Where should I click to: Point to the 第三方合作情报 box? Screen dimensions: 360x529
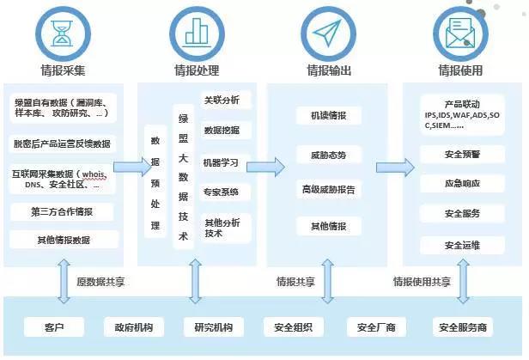63,212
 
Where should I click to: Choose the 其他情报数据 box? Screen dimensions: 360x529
63,240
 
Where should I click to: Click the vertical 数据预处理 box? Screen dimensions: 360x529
155,182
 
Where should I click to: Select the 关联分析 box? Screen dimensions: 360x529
222,101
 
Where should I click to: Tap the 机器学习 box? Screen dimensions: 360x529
222,162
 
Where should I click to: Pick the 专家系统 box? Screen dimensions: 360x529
222,192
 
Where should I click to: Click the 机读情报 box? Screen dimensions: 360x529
329,116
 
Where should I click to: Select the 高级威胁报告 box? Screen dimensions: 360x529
329,189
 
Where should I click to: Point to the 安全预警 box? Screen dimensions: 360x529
462,156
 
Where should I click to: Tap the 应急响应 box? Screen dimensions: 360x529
462,185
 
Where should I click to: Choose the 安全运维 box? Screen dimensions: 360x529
462,246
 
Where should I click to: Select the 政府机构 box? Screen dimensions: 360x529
128,326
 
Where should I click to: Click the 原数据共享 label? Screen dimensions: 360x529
100,282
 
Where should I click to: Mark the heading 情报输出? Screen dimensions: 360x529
329,70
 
